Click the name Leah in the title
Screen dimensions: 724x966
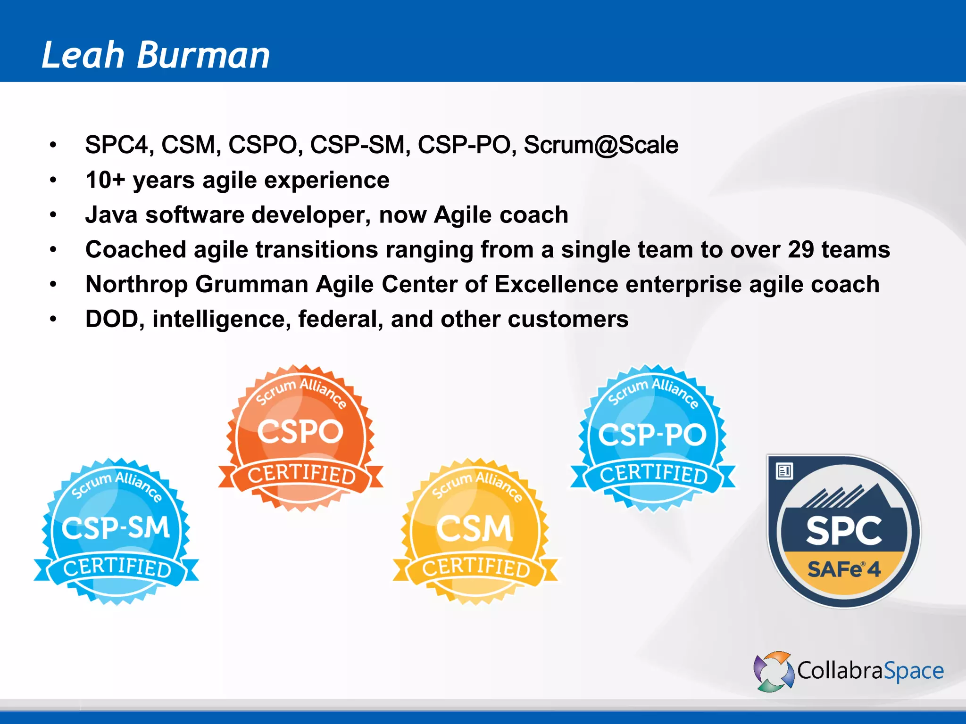(83, 55)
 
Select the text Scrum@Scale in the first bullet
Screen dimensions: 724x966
(601, 145)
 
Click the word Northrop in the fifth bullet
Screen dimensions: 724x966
(136, 284)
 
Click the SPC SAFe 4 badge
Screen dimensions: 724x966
(844, 532)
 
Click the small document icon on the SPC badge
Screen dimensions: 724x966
(784, 471)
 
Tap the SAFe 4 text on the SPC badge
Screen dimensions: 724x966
(844, 569)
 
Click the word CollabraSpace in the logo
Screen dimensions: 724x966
(870, 671)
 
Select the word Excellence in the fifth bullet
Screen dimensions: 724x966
(556, 284)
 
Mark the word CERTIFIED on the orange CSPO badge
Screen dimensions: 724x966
(301, 475)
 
